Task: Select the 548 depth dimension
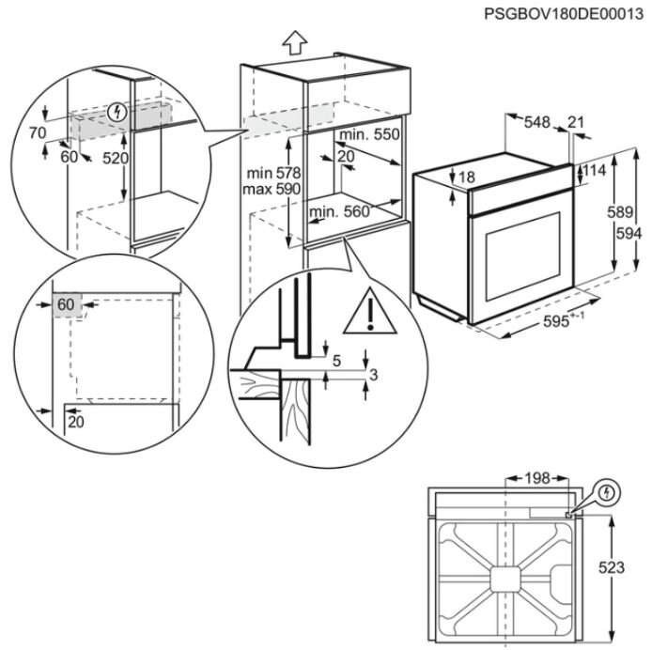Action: point(536,121)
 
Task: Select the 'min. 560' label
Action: point(340,211)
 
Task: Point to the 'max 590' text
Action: point(272,190)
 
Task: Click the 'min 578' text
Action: point(272,173)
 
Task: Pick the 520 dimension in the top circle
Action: point(115,159)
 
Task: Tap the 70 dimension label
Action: point(37,133)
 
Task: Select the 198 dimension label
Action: point(536,479)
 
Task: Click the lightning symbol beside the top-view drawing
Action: point(608,491)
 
